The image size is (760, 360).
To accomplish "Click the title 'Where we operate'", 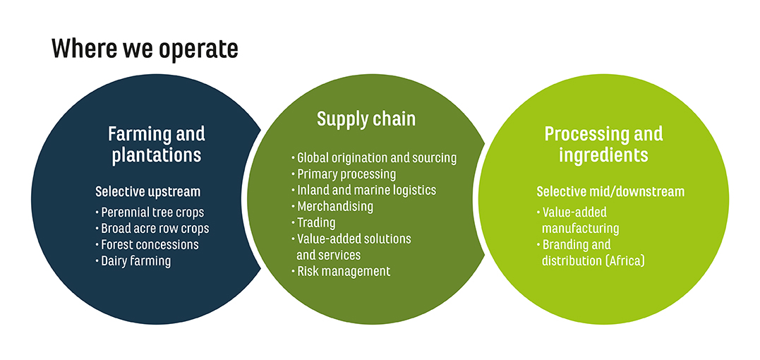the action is coord(145,49).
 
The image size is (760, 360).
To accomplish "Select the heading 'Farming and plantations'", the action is coord(157,145).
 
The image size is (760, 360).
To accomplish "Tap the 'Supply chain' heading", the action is coord(366,119).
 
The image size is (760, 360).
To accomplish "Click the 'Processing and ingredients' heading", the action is coord(603,144).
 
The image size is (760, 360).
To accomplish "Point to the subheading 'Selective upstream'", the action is coord(147,192).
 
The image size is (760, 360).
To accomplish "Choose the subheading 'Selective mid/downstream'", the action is coord(610,191).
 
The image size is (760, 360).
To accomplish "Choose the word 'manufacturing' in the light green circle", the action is coord(580,228).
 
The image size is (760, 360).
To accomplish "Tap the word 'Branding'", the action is coord(565,245).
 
